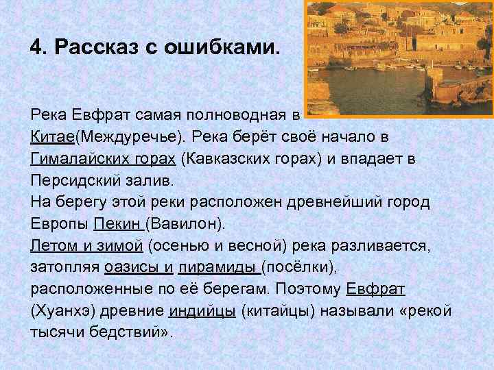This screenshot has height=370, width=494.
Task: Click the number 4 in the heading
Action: click(x=36, y=49)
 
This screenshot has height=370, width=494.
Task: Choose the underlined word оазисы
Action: click(x=130, y=268)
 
